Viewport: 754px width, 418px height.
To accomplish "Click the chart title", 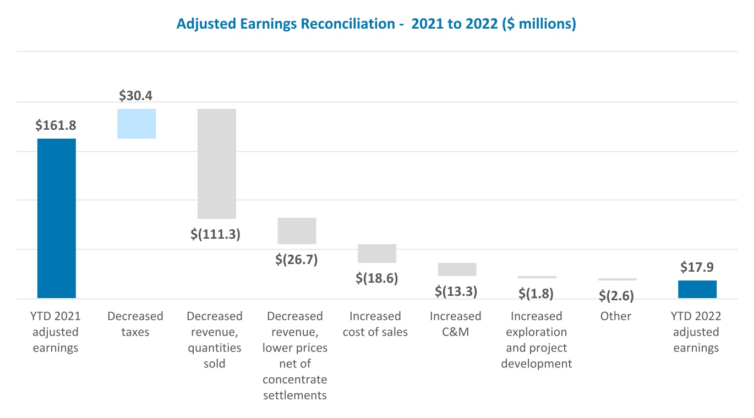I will [x=376, y=25].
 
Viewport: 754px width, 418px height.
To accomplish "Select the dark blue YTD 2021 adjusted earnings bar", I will [x=57, y=218].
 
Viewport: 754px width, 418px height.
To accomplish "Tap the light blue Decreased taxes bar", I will [x=137, y=124].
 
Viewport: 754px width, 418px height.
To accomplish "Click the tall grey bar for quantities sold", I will [x=217, y=163].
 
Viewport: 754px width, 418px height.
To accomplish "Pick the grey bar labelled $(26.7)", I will [x=297, y=231].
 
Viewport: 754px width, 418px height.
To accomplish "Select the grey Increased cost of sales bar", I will [x=377, y=254].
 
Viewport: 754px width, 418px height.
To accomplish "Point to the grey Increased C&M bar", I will [x=457, y=269].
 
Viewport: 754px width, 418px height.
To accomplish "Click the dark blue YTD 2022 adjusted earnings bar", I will [x=697, y=289].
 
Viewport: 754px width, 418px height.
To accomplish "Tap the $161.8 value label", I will [x=56, y=125].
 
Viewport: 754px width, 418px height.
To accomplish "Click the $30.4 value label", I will [x=136, y=96].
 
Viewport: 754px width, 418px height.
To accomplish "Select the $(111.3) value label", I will [x=216, y=234].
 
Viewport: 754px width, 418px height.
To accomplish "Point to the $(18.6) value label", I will [x=376, y=278].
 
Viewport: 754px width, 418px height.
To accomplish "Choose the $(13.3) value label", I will [x=456, y=291].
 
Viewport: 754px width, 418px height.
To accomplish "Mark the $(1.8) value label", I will [x=536, y=294].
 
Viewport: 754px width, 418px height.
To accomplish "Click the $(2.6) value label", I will [x=616, y=296].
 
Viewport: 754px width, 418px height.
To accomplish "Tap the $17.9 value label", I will [x=697, y=267].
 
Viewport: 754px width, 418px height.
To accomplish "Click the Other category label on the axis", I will [x=616, y=316].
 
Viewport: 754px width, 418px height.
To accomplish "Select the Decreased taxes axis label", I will [x=135, y=324].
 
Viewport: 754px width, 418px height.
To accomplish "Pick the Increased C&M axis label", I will [x=456, y=324].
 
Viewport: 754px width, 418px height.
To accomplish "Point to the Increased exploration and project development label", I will [x=536, y=340].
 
